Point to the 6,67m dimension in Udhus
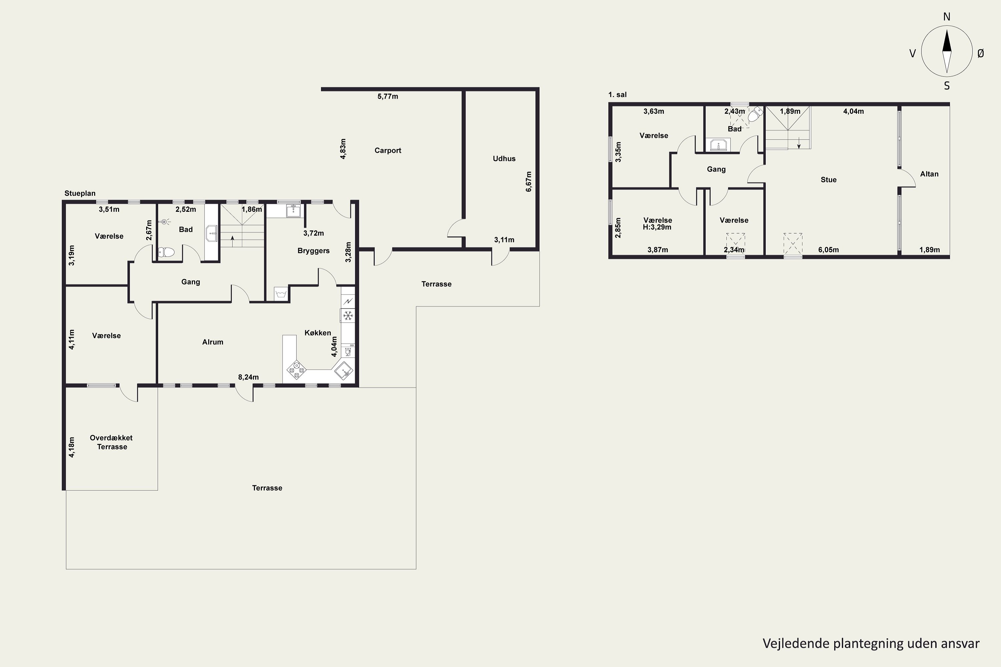click(529, 182)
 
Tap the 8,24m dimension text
click(248, 377)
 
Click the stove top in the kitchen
click(296, 370)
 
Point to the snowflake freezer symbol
click(348, 315)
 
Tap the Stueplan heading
click(80, 193)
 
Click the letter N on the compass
click(947, 17)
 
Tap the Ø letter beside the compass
click(981, 53)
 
